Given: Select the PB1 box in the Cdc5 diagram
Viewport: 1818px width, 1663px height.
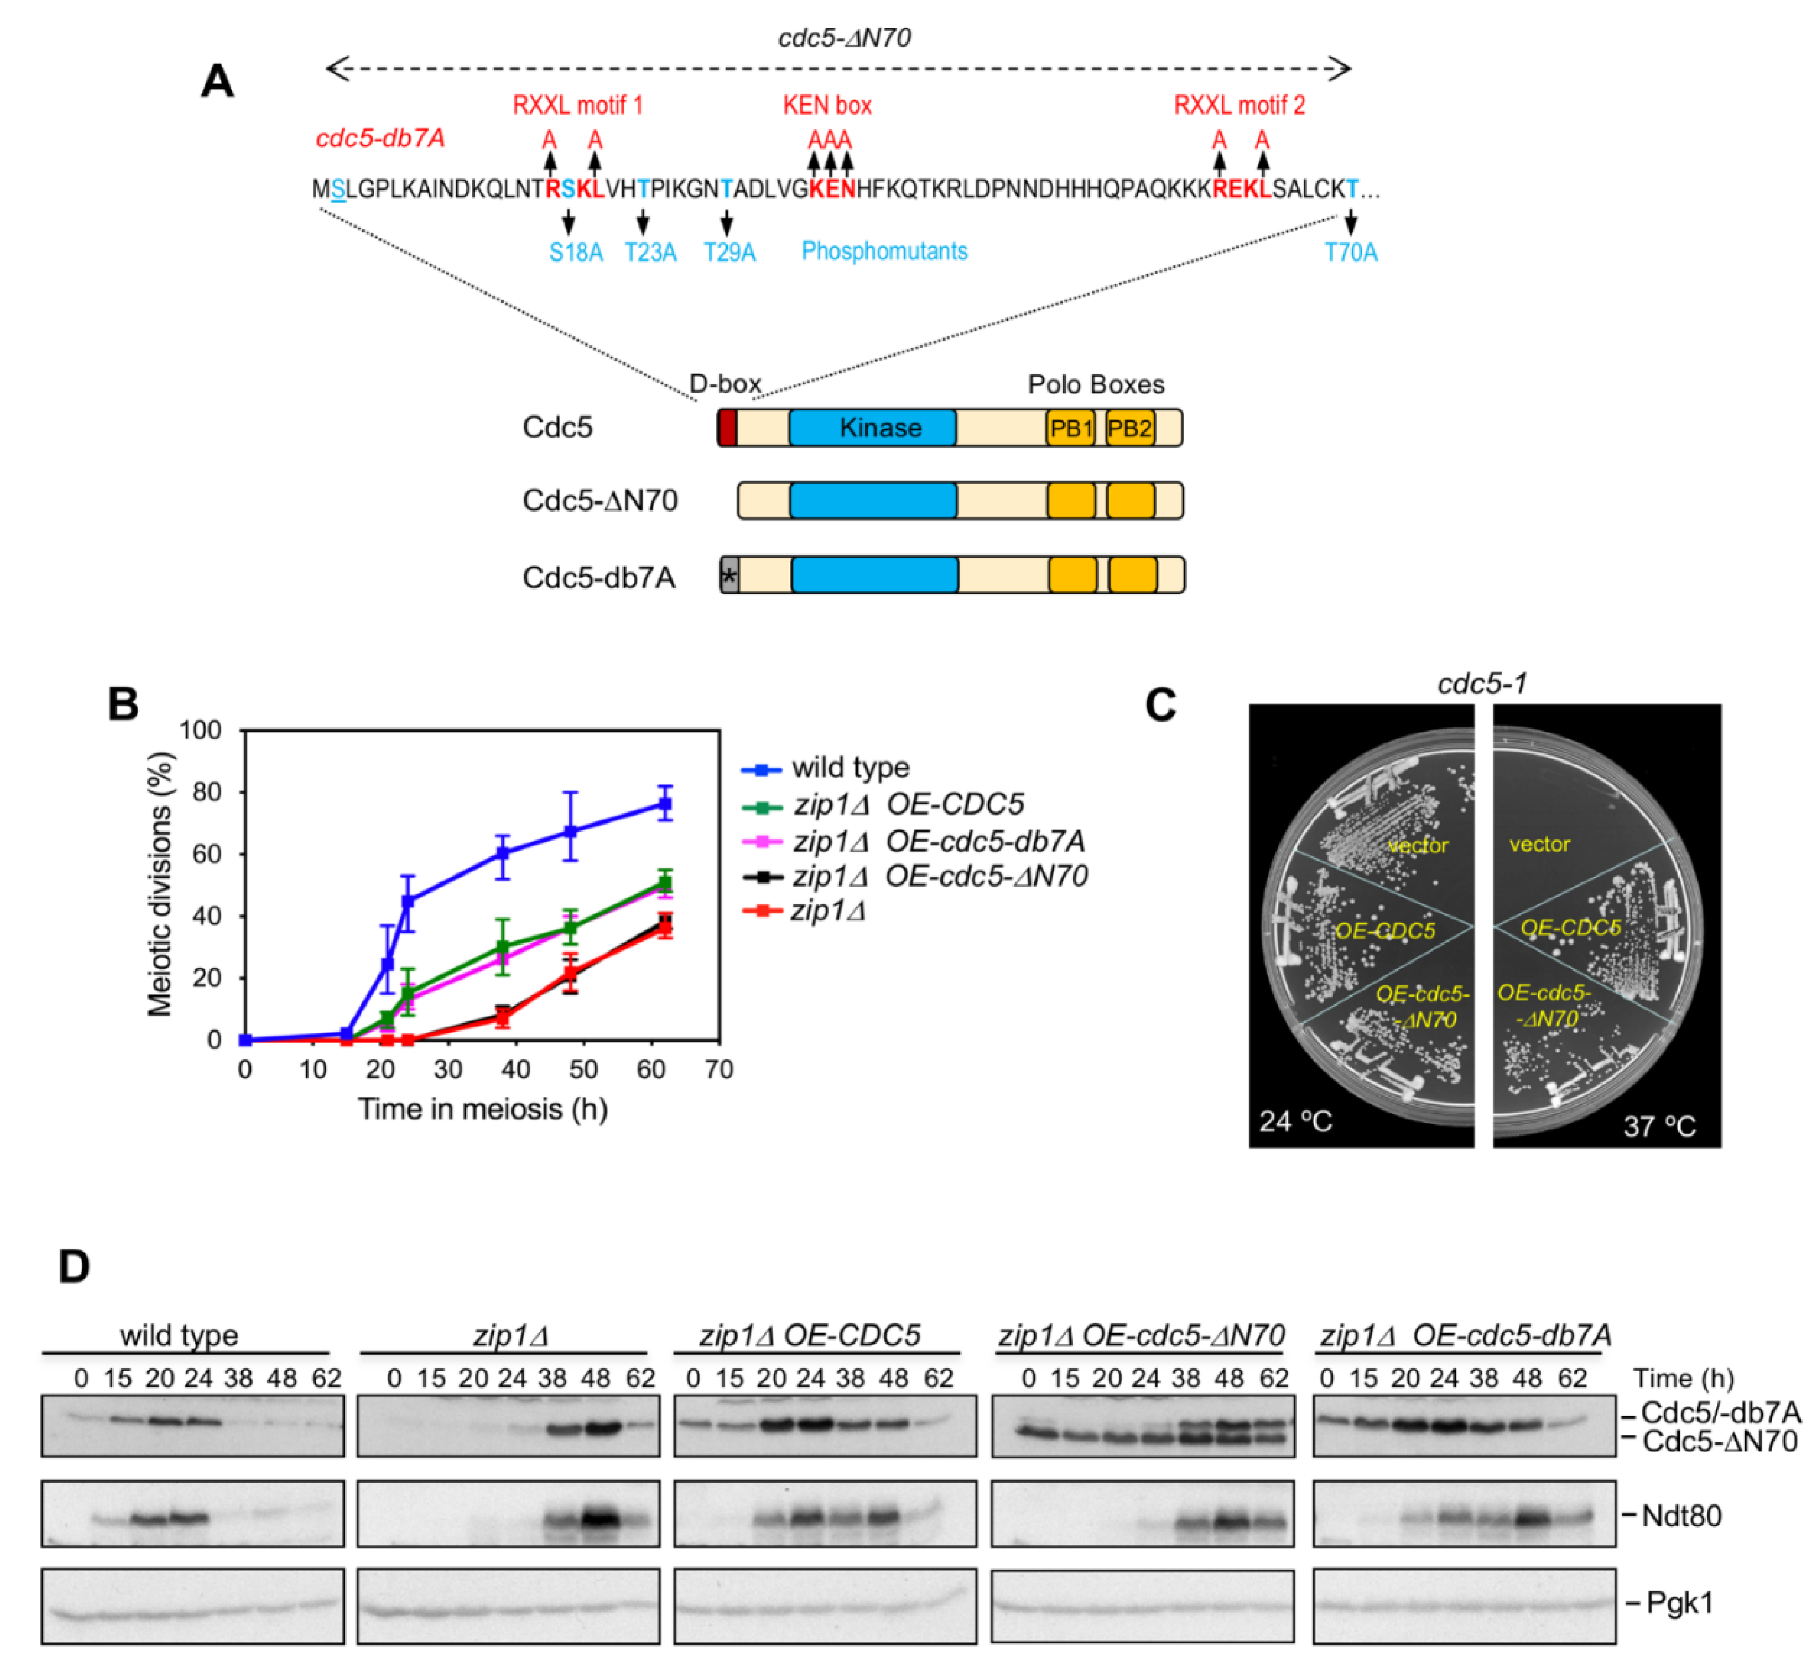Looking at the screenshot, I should (1070, 428).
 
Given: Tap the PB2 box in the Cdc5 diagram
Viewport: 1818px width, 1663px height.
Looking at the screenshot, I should (1130, 428).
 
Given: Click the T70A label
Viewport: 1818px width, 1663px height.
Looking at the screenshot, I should (1350, 252).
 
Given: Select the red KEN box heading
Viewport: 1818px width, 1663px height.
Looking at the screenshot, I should (827, 106).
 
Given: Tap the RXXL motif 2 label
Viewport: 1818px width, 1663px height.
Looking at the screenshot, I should (1239, 106).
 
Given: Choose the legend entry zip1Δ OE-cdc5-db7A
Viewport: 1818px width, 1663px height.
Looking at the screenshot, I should (938, 841).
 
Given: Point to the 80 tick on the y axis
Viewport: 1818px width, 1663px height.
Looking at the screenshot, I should (209, 792).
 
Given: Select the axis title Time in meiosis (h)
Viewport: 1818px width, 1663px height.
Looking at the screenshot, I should (482, 1109).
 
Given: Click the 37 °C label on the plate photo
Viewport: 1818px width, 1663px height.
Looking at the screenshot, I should (1660, 1125).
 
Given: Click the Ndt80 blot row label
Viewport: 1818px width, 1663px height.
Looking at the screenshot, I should (1682, 1516).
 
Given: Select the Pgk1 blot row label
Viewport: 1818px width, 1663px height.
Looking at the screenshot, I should (1679, 1603).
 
